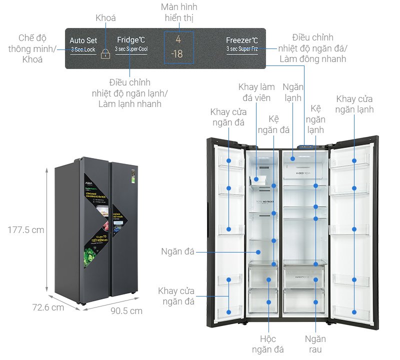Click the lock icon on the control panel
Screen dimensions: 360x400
(105, 53)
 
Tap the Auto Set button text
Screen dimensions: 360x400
(83, 40)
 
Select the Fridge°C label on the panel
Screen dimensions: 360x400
(131, 40)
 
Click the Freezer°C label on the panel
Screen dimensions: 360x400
(242, 40)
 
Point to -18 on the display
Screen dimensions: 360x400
(177, 54)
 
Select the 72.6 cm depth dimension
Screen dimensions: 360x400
(48, 307)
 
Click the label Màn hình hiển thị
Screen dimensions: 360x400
(179, 12)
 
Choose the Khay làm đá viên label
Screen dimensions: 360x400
(256, 92)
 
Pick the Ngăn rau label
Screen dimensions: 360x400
(315, 344)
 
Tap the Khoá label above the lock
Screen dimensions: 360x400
(105, 18)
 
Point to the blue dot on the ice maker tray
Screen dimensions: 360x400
(256, 178)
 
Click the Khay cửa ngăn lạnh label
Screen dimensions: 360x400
(354, 104)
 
